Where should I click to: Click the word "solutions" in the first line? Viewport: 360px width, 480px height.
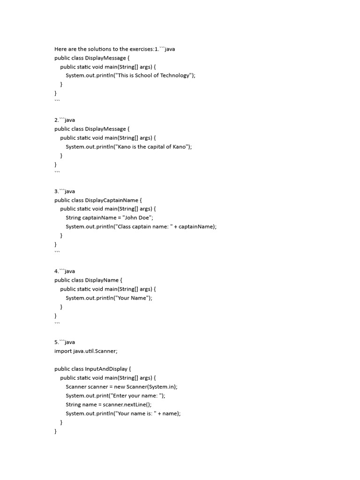point(94,49)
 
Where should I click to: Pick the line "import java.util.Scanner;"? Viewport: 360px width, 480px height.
point(86,351)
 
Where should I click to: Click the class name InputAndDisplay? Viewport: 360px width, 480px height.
point(106,369)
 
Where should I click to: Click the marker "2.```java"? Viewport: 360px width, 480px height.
point(65,120)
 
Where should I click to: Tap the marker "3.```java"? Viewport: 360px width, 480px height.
point(65,191)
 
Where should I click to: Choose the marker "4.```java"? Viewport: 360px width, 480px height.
point(65,271)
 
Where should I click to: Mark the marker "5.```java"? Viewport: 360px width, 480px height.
point(65,342)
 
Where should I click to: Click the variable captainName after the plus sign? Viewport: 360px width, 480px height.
point(197,226)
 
